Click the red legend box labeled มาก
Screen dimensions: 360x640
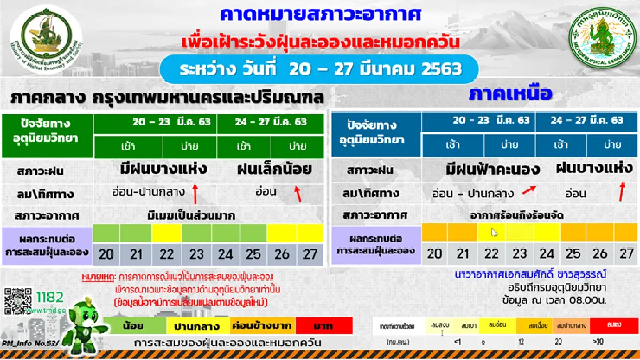click(x=324, y=325)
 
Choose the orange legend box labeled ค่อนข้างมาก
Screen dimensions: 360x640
click(x=261, y=325)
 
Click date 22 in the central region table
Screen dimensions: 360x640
click(x=166, y=254)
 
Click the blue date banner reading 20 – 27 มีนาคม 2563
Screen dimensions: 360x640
click(x=320, y=69)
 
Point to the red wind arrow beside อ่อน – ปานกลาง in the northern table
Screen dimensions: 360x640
click(x=529, y=191)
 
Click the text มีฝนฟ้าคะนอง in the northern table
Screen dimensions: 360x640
click(x=493, y=170)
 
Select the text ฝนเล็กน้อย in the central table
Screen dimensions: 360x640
click(x=275, y=170)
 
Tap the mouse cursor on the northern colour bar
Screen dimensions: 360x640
click(x=494, y=233)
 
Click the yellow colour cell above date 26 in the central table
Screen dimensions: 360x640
click(x=282, y=233)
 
